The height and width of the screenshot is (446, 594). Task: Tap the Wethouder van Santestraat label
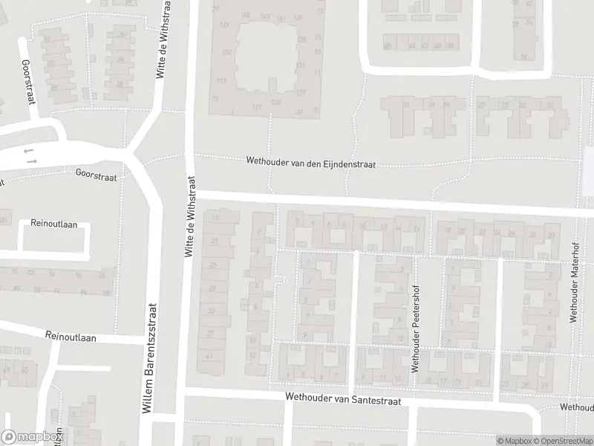[343, 400]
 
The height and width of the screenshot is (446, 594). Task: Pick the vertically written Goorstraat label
[28, 82]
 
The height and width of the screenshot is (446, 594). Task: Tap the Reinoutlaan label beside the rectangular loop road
[49, 223]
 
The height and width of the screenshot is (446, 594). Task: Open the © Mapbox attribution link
[515, 440]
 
